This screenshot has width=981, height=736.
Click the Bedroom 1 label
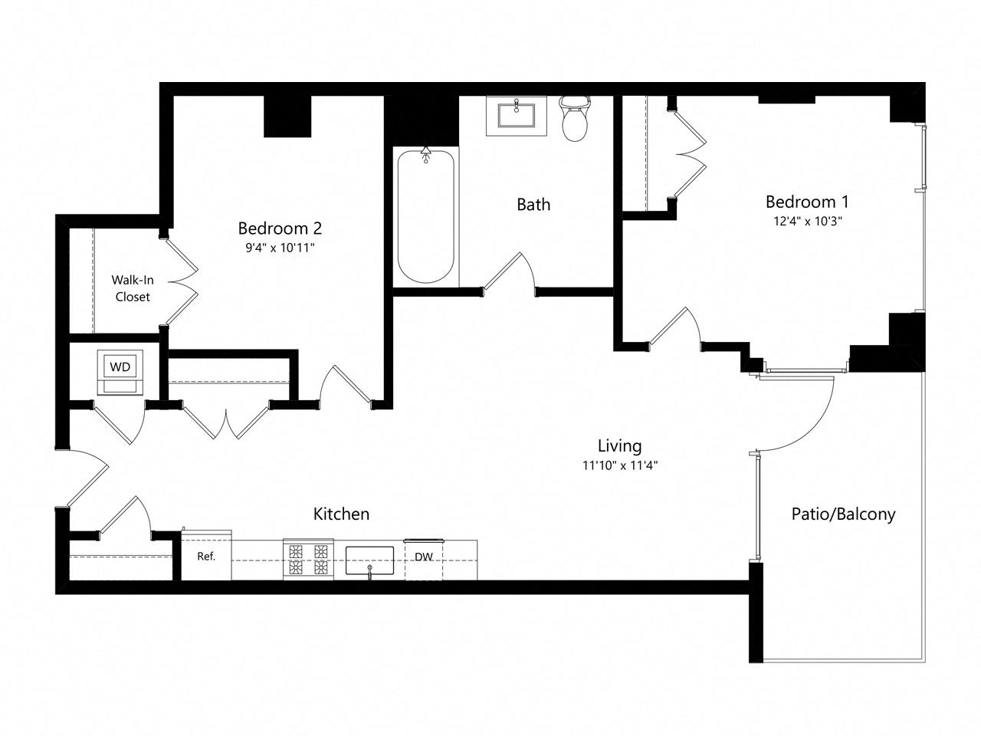click(x=807, y=202)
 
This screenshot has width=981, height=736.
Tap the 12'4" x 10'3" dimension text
click(x=807, y=222)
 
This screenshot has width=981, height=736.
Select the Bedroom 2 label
click(x=280, y=228)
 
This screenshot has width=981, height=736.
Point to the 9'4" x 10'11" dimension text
click(x=280, y=248)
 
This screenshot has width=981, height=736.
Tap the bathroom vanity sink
click(x=517, y=116)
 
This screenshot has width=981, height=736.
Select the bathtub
click(x=425, y=216)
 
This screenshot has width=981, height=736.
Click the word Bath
click(x=533, y=205)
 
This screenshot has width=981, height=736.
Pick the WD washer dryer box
click(x=120, y=367)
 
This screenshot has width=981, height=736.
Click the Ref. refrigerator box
click(x=206, y=557)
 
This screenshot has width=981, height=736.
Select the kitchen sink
click(x=369, y=560)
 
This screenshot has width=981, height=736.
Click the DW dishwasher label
click(x=424, y=557)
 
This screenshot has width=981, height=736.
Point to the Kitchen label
click(x=342, y=514)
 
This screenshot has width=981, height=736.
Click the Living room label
click(x=619, y=445)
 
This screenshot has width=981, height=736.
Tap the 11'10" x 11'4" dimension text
click(x=619, y=465)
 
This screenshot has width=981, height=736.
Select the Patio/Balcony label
click(x=843, y=514)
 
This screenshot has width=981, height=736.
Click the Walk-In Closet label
click(x=133, y=288)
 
